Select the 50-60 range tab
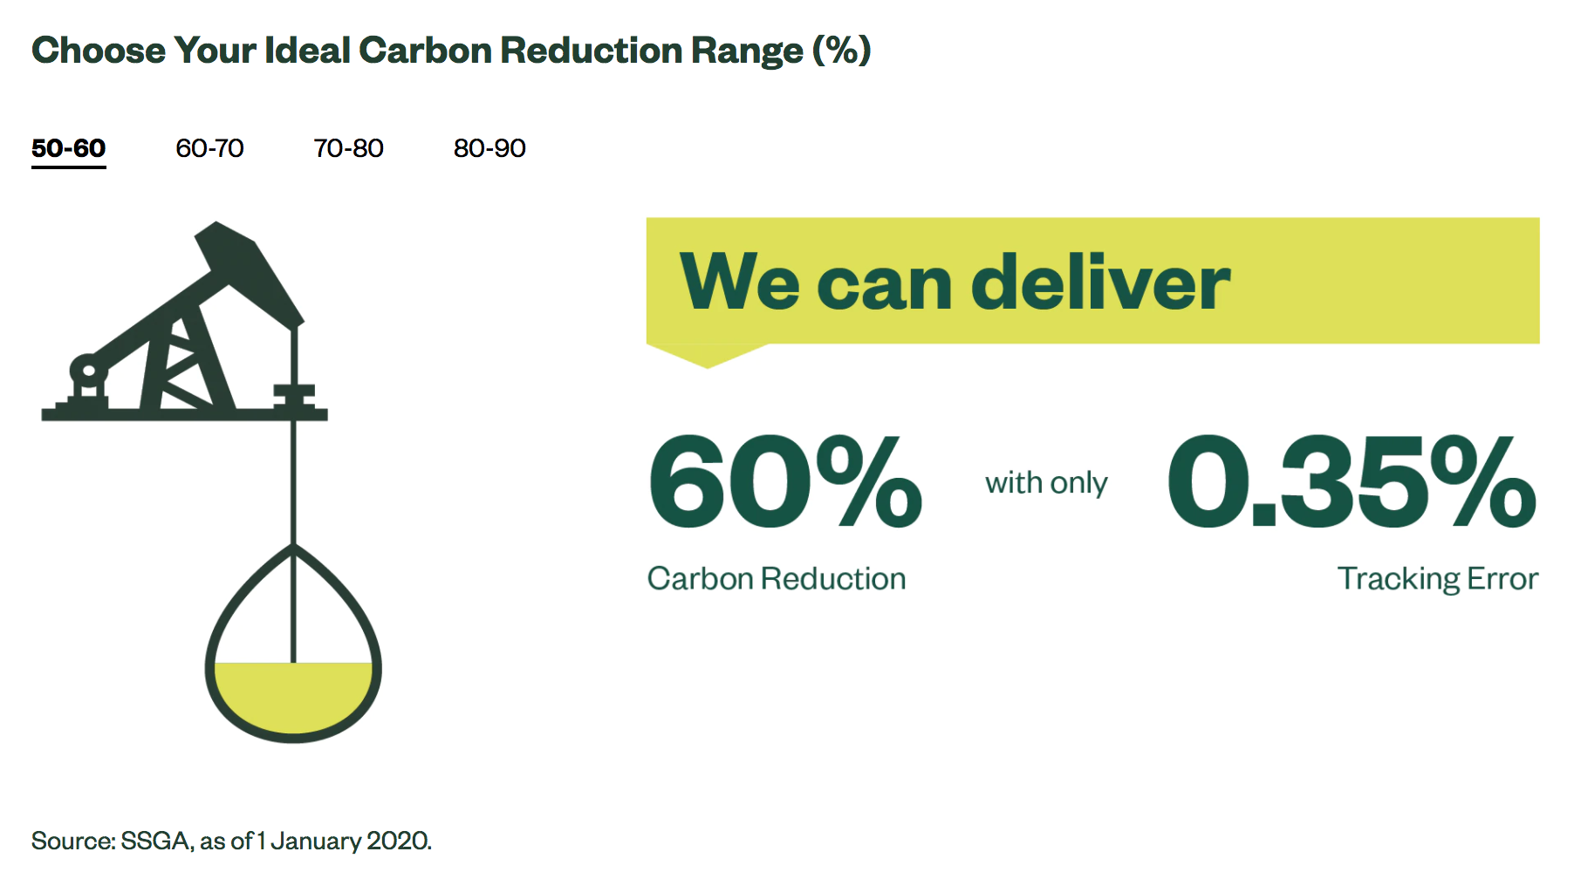[68, 148]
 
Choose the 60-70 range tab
[209, 148]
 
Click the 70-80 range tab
[348, 148]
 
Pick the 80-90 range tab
[489, 148]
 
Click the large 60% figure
[785, 482]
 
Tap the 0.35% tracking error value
[1352, 482]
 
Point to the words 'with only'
[1046, 483]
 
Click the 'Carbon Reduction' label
[777, 579]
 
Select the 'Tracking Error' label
[1438, 579]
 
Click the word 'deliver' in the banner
[1100, 283]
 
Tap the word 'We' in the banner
[740, 283]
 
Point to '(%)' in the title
[842, 51]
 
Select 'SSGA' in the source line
[156, 841]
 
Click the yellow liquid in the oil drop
[293, 695]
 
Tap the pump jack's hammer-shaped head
[250, 272]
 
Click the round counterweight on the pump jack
[86, 369]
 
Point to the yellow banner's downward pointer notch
[707, 355]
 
